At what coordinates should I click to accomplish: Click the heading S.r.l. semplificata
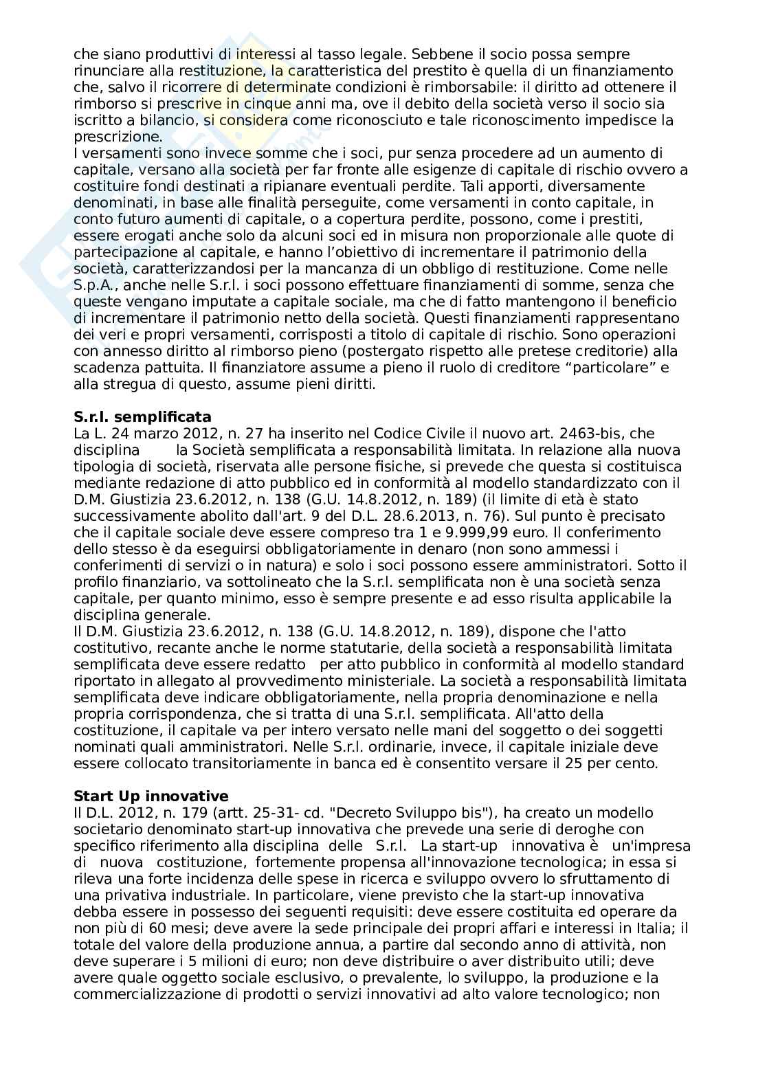click(142, 417)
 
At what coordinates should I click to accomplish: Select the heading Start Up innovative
click(151, 796)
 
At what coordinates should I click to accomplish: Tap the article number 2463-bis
click(583, 434)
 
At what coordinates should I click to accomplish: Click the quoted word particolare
click(606, 368)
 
